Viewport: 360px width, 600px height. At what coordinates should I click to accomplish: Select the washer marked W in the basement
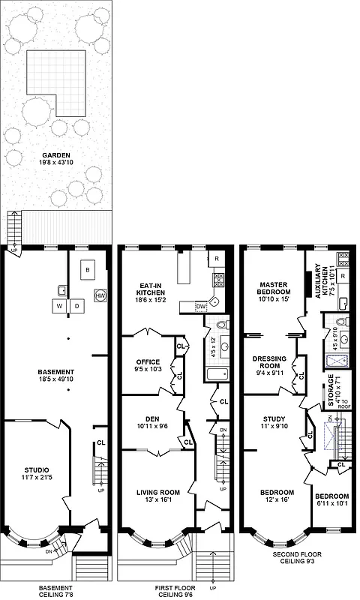click(58, 306)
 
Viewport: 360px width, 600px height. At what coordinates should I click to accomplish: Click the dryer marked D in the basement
click(76, 306)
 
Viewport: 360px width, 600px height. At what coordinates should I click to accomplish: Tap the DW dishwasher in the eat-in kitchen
click(201, 306)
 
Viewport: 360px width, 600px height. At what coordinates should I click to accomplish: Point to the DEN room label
click(146, 424)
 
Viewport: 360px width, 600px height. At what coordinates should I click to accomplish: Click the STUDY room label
click(274, 423)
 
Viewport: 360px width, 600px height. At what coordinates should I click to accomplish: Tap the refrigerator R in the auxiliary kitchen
click(343, 276)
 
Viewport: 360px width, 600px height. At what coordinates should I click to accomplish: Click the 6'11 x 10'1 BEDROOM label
click(331, 501)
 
